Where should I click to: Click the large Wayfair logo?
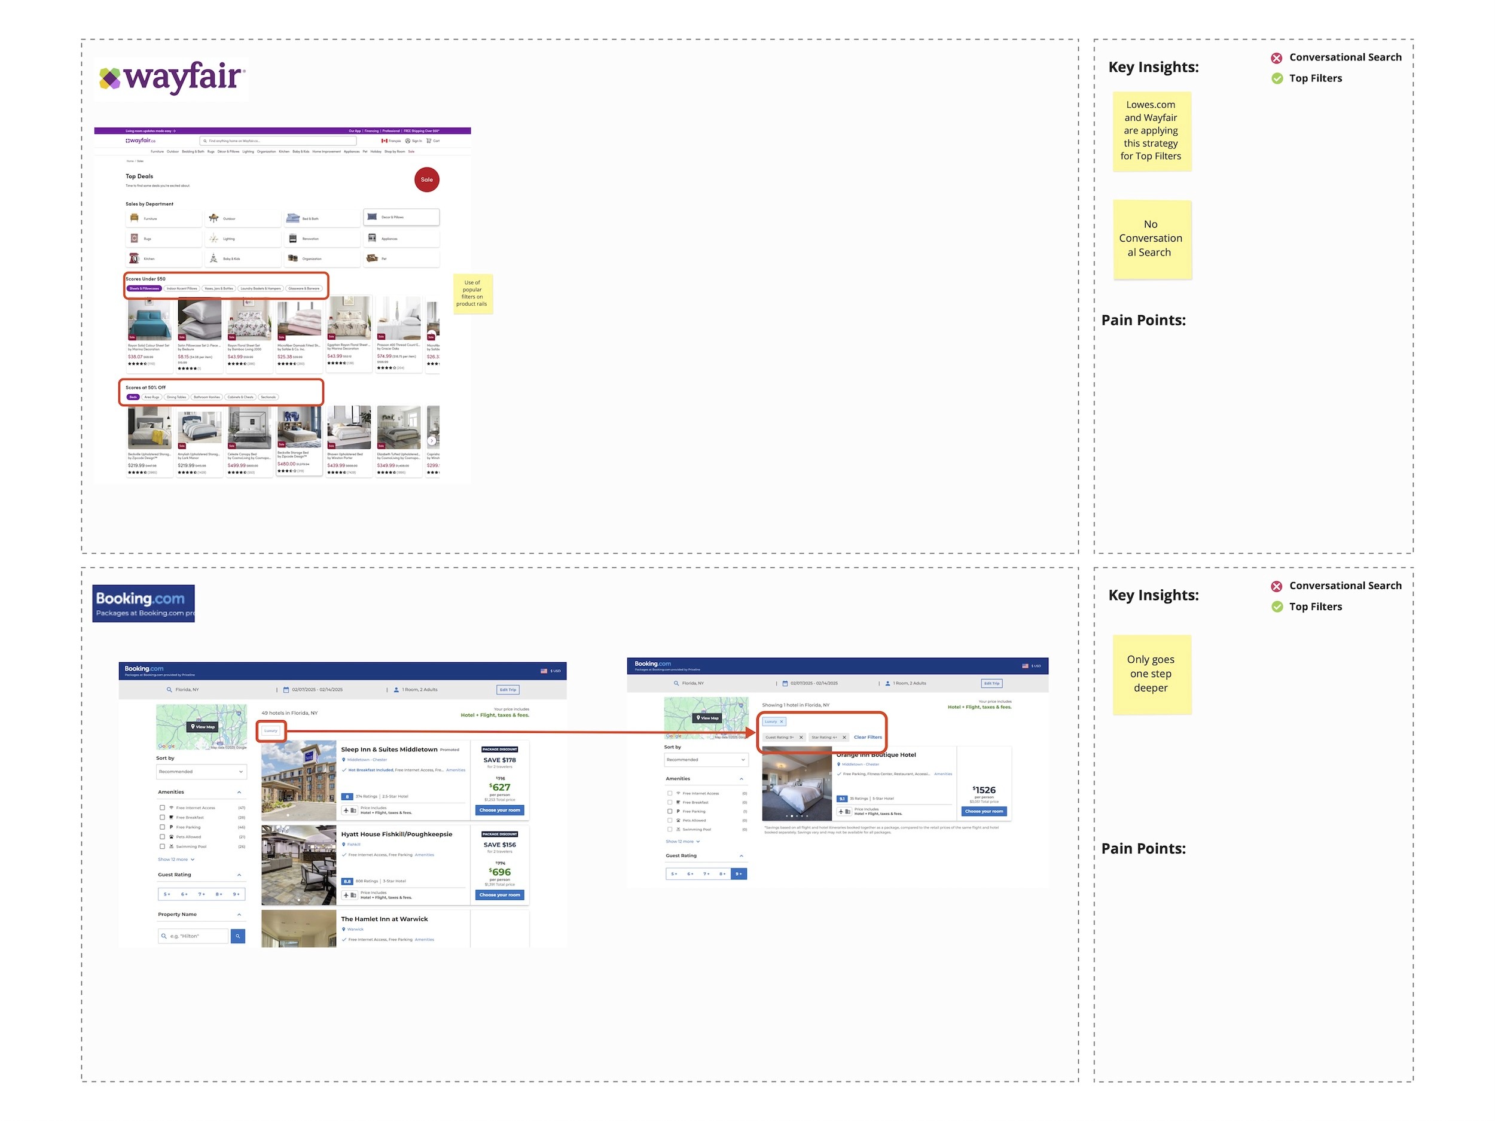(x=172, y=78)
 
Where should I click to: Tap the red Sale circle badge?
(x=426, y=180)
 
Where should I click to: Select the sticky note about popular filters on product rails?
(x=472, y=294)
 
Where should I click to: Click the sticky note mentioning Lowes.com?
(x=1151, y=130)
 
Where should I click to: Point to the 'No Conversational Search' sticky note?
(x=1151, y=239)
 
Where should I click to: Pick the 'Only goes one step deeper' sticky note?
(x=1151, y=674)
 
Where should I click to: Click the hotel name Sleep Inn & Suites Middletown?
(x=389, y=750)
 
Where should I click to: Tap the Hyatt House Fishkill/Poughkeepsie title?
(x=396, y=834)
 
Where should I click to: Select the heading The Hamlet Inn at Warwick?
(x=384, y=919)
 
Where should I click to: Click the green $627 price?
(x=500, y=788)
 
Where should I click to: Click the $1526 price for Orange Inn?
(x=984, y=790)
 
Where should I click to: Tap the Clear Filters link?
(x=868, y=738)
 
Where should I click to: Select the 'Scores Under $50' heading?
(x=145, y=279)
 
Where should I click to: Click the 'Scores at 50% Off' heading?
(x=145, y=388)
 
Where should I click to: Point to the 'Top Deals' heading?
(x=139, y=176)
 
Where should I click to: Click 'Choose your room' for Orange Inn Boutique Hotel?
(x=984, y=811)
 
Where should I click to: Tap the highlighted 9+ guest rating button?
(x=739, y=874)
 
